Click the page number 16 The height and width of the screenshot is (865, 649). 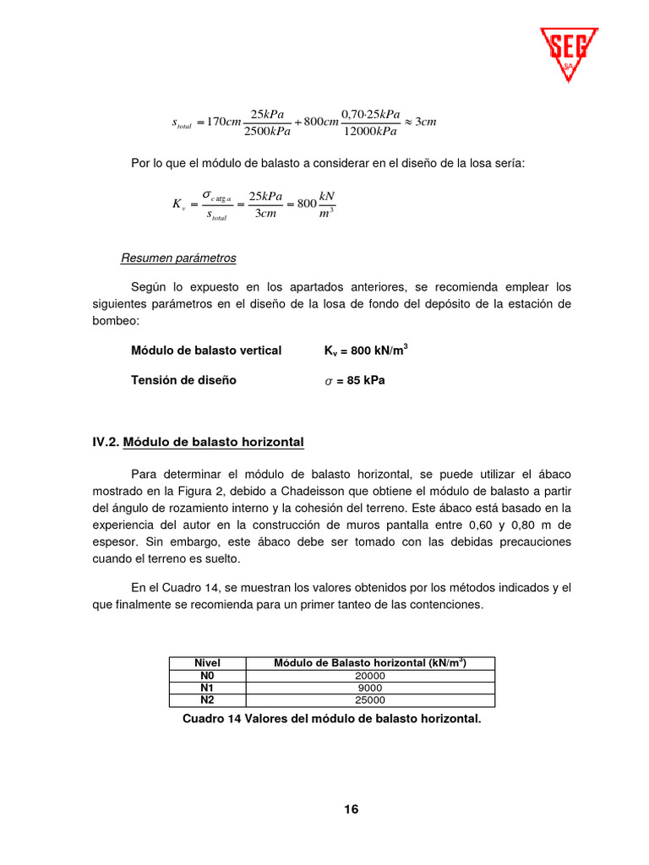tap(351, 809)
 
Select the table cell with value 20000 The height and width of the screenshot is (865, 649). tap(370, 676)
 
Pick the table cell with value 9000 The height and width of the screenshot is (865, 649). tap(370, 688)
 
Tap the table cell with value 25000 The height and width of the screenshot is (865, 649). tap(370, 699)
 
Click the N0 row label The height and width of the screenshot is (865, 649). tap(207, 676)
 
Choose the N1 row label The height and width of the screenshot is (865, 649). tap(207, 688)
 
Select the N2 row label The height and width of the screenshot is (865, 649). tap(207, 699)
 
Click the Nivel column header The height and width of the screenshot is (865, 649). tap(207, 663)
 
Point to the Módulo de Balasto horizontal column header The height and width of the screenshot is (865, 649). tap(370, 663)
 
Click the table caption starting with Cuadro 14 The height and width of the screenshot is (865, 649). tap(332, 719)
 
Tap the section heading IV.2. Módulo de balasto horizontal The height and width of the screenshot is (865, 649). tap(199, 442)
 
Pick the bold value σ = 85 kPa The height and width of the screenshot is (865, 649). tap(355, 380)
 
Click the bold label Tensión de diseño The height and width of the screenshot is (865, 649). tap(183, 380)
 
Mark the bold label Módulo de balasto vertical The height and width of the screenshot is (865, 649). tap(206, 351)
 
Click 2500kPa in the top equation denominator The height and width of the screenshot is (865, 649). tap(267, 131)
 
